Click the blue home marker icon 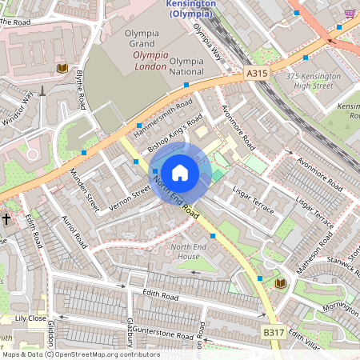[x=180, y=172]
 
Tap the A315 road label [x=256, y=74]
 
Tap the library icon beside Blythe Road [x=62, y=69]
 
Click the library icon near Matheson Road [x=280, y=284]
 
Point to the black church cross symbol [x=6, y=218]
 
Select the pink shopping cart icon [x=350, y=14]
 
